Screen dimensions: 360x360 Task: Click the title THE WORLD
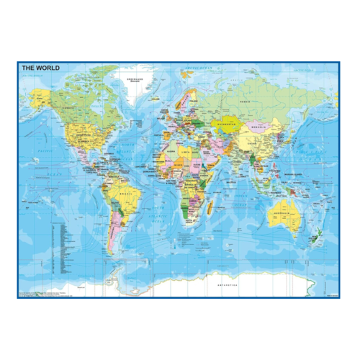(x=40, y=68)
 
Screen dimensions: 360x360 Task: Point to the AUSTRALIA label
(x=286, y=213)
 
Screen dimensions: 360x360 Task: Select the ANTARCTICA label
(x=231, y=285)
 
